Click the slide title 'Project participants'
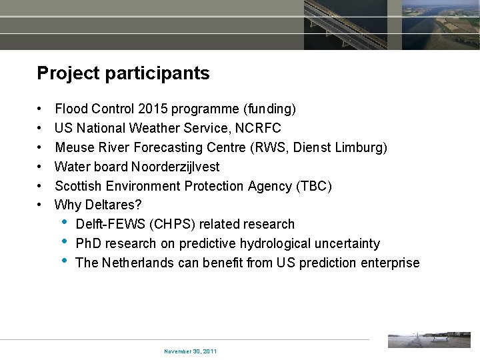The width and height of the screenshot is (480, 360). (x=123, y=73)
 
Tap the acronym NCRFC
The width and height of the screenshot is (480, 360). (x=258, y=128)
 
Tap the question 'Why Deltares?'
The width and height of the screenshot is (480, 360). (x=98, y=205)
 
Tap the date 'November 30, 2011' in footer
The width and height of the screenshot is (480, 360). (x=190, y=351)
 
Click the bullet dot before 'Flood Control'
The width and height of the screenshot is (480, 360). (x=41, y=109)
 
